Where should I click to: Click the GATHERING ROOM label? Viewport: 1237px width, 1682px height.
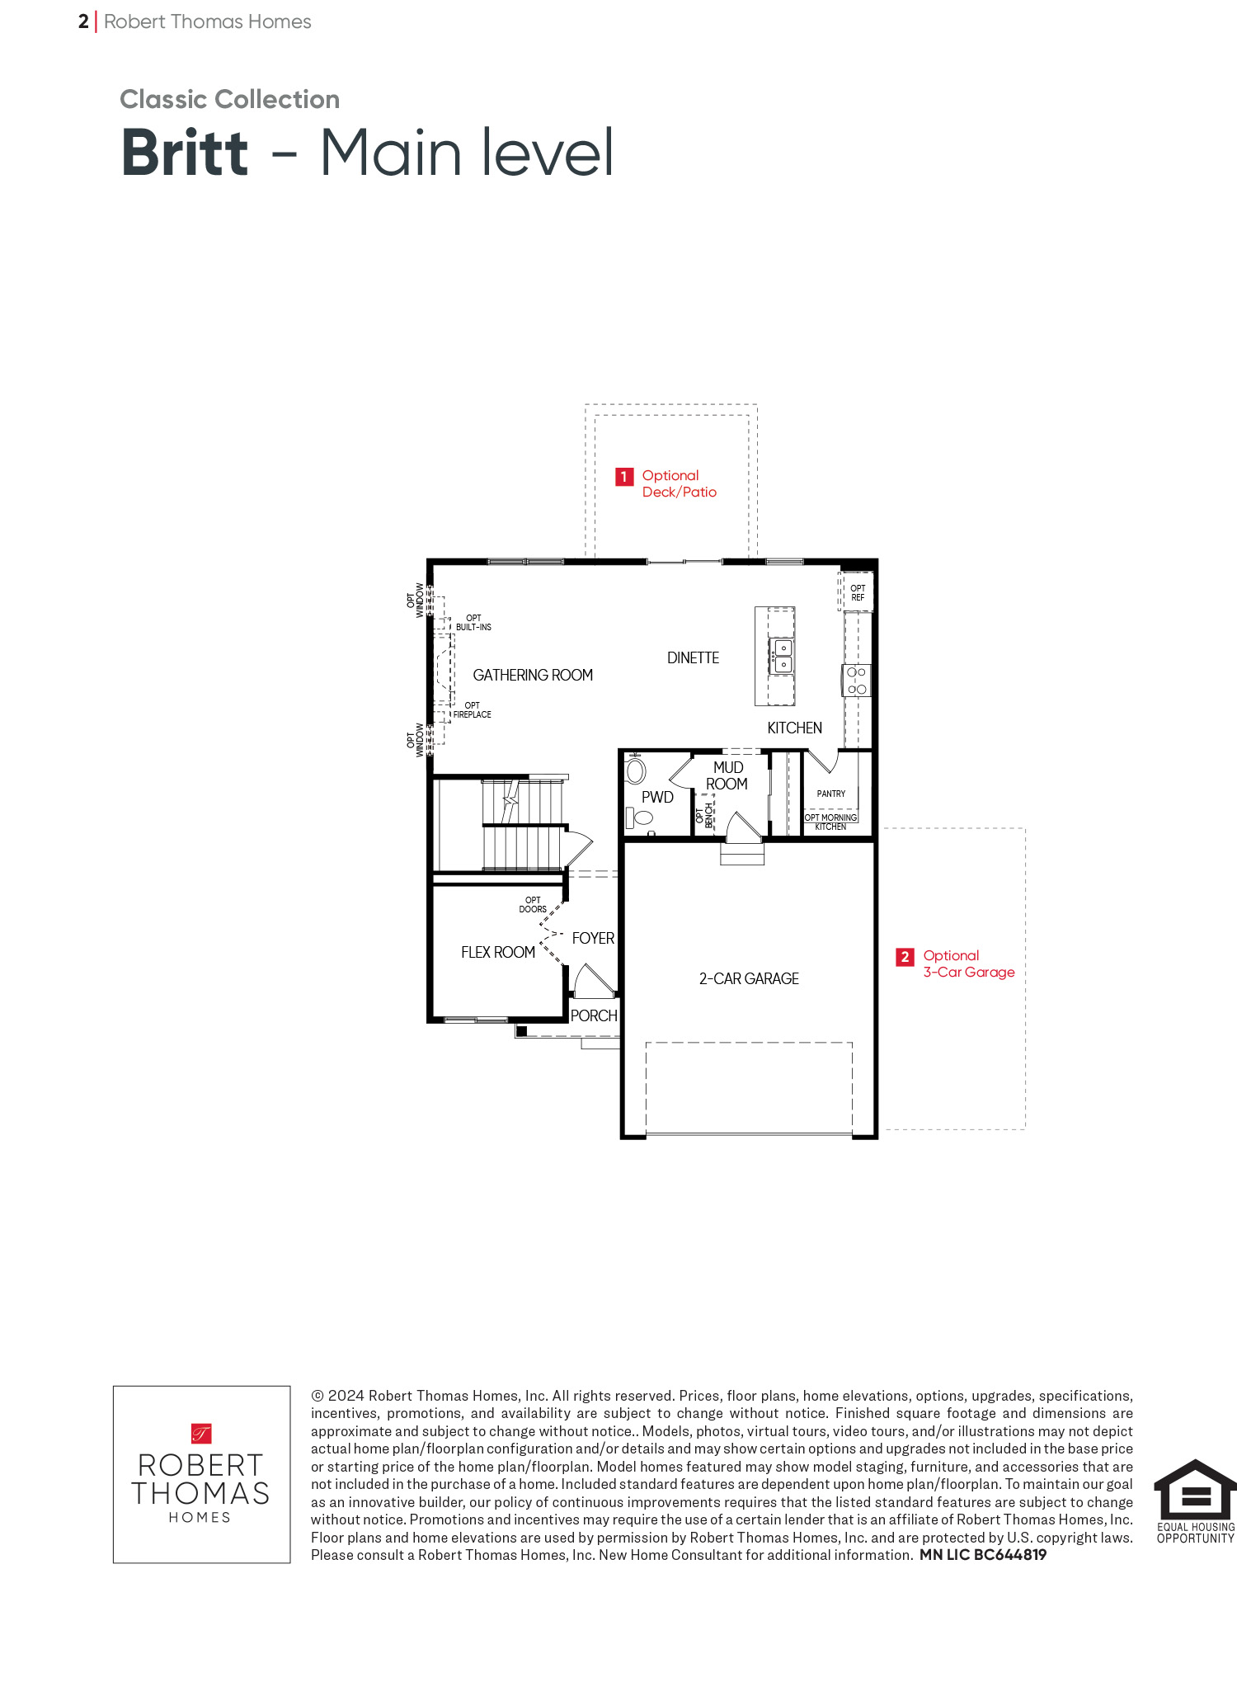pyautogui.click(x=533, y=675)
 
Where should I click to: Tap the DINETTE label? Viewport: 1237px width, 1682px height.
pyautogui.click(x=693, y=657)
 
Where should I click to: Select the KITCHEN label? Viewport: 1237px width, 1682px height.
pyautogui.click(x=794, y=728)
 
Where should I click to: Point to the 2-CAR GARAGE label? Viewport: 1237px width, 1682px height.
pyautogui.click(x=749, y=978)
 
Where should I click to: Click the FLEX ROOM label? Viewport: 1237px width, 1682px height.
pyautogui.click(x=498, y=952)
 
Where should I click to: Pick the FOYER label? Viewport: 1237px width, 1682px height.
pyautogui.click(x=593, y=938)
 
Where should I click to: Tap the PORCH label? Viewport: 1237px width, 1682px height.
pyautogui.click(x=594, y=1015)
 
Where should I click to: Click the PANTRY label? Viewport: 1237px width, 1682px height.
pyautogui.click(x=831, y=794)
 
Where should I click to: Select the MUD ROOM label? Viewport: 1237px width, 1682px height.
pyautogui.click(x=727, y=775)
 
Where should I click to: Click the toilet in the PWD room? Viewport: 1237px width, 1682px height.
pyautogui.click(x=639, y=817)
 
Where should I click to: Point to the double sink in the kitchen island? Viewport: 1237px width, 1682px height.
pyautogui.click(x=781, y=656)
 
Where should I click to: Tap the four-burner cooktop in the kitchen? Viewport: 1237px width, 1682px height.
pyautogui.click(x=857, y=681)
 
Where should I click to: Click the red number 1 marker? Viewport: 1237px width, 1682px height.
pyautogui.click(x=624, y=477)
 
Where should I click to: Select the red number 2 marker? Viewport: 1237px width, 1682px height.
pyautogui.click(x=905, y=957)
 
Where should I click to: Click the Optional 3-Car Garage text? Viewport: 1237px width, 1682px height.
pyautogui.click(x=969, y=963)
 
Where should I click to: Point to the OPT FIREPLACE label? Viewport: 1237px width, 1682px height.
pyautogui.click(x=472, y=710)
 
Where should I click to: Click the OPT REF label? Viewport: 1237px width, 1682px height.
pyautogui.click(x=858, y=593)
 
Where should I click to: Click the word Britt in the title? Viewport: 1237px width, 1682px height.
pyautogui.click(x=185, y=153)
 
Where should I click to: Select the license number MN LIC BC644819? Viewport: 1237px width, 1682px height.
pyautogui.click(x=983, y=1555)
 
